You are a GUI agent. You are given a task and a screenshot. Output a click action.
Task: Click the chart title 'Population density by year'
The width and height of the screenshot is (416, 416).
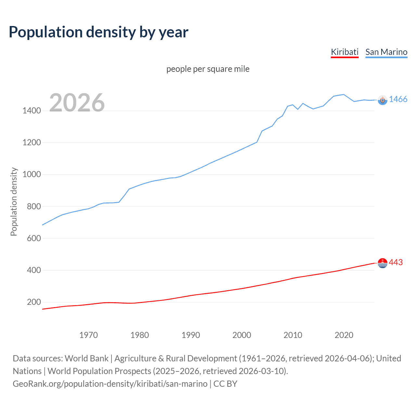(x=98, y=32)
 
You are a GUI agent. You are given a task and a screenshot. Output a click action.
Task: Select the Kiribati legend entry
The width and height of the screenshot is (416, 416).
(x=344, y=52)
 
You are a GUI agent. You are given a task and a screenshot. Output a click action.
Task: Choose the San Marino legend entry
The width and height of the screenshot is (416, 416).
(x=386, y=52)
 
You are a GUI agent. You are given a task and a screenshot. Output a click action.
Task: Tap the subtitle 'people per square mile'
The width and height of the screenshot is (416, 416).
(x=208, y=69)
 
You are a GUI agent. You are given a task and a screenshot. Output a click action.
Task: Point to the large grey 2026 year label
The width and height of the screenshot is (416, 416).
(x=77, y=103)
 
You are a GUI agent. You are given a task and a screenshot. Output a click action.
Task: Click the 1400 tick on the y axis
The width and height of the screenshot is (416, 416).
(x=32, y=111)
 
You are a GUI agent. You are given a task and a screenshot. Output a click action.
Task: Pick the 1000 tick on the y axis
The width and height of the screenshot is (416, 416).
(x=32, y=175)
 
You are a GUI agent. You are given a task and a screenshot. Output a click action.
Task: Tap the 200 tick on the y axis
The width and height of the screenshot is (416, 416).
(x=34, y=302)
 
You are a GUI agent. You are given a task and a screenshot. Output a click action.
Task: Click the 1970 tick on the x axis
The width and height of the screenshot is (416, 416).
(x=88, y=335)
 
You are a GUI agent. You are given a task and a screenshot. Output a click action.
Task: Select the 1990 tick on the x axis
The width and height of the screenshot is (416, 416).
(x=191, y=335)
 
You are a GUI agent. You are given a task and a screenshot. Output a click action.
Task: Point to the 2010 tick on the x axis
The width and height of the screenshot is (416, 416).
(x=293, y=335)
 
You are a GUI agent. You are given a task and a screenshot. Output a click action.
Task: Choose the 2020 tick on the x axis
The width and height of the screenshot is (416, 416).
(x=344, y=335)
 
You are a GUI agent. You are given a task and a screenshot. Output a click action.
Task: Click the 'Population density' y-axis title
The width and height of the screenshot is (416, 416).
(x=14, y=201)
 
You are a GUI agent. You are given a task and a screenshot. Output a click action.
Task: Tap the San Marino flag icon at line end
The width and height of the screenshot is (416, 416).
(x=383, y=100)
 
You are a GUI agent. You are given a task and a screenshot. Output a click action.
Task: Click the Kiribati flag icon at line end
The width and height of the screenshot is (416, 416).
(x=383, y=263)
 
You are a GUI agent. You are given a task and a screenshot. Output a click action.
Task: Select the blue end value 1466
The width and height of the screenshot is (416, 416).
(x=398, y=99)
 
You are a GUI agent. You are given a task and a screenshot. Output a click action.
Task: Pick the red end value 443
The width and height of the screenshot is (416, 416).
(x=396, y=262)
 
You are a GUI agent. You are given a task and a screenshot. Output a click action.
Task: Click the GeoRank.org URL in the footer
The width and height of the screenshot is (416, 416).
(x=110, y=384)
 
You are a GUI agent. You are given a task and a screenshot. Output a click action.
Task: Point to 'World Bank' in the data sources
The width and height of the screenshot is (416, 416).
(x=86, y=358)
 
